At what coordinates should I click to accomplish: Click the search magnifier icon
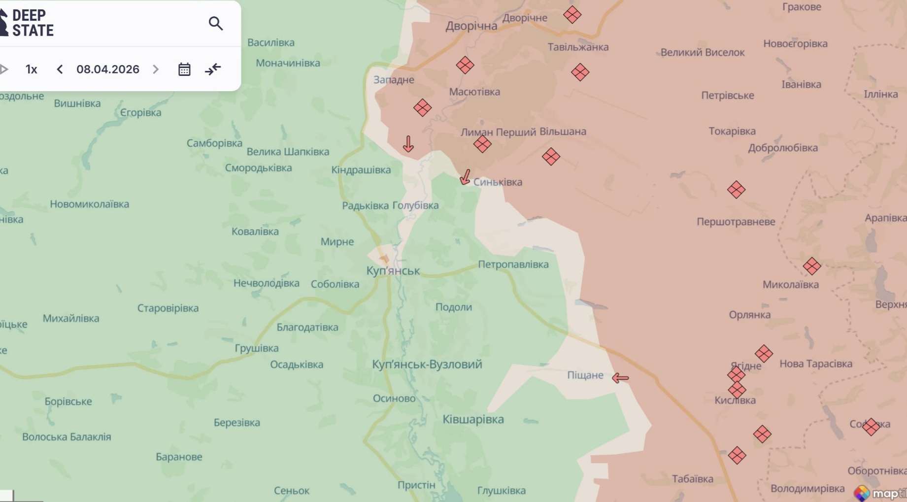click(215, 23)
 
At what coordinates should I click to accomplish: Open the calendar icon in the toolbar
click(184, 69)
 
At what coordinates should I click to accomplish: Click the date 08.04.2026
click(107, 69)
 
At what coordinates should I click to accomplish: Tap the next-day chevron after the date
click(156, 69)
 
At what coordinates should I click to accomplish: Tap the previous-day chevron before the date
click(60, 69)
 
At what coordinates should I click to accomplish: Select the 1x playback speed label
click(32, 69)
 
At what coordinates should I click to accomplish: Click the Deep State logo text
click(33, 23)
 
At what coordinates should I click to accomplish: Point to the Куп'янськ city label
click(393, 270)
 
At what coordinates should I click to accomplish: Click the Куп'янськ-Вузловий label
click(427, 365)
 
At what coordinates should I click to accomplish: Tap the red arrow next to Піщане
click(620, 378)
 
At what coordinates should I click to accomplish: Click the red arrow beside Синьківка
click(465, 177)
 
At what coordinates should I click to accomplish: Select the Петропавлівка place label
click(513, 265)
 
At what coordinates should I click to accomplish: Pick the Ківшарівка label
click(473, 419)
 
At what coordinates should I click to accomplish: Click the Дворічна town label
click(471, 26)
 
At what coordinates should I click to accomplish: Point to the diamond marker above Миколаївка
click(811, 266)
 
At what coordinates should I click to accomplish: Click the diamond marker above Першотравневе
click(736, 190)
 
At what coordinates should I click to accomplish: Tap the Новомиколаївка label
click(89, 204)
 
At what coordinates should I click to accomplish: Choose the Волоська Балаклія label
click(67, 437)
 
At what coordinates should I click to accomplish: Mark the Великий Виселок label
click(702, 52)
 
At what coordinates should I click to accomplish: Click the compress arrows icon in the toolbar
click(213, 69)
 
